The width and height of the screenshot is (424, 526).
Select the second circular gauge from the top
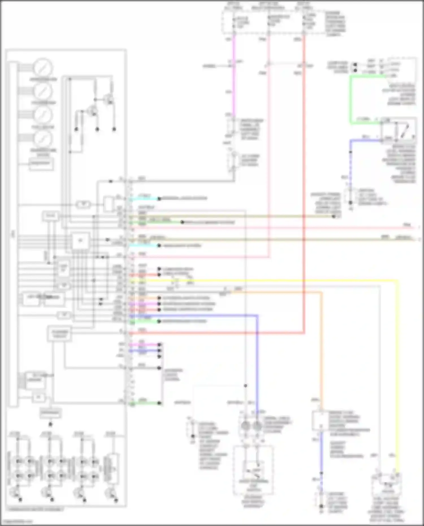(43, 91)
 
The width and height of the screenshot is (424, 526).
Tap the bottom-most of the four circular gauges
(43, 138)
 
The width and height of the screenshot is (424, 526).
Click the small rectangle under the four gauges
(41, 164)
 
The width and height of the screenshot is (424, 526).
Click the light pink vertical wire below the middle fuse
(269, 141)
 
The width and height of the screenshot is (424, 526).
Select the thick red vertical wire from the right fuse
(304, 170)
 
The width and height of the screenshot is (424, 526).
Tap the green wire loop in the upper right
(351, 99)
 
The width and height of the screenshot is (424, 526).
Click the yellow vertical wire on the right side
(398, 367)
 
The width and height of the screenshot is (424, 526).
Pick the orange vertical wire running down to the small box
(322, 353)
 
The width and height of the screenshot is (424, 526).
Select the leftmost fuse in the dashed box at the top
(234, 23)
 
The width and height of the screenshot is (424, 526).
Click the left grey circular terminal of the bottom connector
(246, 426)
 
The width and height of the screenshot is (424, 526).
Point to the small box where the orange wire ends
(320, 421)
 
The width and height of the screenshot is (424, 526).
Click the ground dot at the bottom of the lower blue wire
(321, 506)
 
